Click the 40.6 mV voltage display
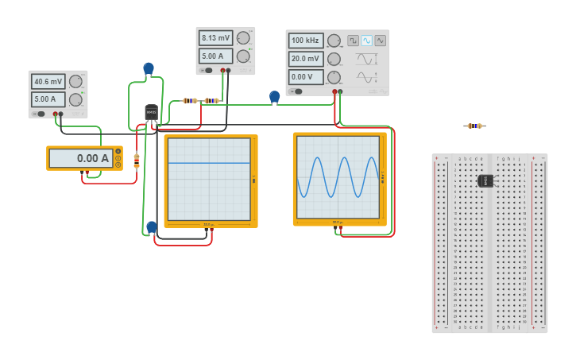click(x=48, y=81)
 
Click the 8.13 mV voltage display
click(x=215, y=38)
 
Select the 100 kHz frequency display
click(x=306, y=41)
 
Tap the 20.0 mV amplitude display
click(x=306, y=59)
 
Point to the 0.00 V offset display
click(x=306, y=77)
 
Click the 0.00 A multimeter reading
click(x=80, y=158)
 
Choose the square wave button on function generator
click(x=353, y=41)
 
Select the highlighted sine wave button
click(x=366, y=41)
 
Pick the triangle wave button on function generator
click(x=380, y=41)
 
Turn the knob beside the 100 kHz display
click(x=334, y=41)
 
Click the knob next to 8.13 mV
click(x=243, y=38)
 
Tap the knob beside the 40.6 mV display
click(x=75, y=81)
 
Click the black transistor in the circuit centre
click(x=151, y=114)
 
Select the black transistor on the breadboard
click(x=485, y=180)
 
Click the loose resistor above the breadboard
click(x=474, y=126)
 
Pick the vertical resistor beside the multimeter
click(x=137, y=161)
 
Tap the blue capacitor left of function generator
click(x=275, y=97)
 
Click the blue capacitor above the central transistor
click(x=149, y=68)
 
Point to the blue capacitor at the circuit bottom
click(x=152, y=227)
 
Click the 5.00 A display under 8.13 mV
click(x=215, y=56)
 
